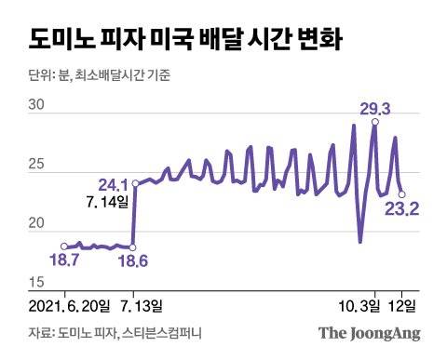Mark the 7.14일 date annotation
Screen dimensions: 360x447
[104, 200]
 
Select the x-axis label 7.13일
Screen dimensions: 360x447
[140, 304]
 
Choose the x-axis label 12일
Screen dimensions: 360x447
[406, 304]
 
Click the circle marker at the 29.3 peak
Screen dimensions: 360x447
[374, 122]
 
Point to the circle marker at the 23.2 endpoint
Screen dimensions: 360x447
[401, 194]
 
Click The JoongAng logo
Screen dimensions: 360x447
[370, 333]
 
